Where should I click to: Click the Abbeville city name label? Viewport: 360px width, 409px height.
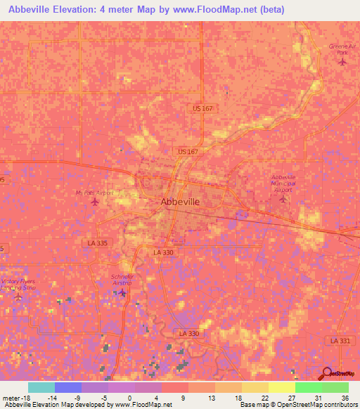pos(180,202)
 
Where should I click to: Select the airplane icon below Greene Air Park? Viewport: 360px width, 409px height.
pos(342,62)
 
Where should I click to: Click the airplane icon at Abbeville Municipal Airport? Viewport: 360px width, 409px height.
pos(283,199)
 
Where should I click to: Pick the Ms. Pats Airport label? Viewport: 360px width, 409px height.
pos(94,193)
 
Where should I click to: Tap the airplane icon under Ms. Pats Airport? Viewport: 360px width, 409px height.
pos(96,203)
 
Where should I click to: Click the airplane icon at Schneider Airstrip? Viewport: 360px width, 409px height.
pos(123,292)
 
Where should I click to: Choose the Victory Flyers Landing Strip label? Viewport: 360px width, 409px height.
pos(18,285)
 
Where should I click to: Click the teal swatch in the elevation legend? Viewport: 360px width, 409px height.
pos(41,387)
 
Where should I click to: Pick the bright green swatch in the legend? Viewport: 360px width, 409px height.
pos(308,387)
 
